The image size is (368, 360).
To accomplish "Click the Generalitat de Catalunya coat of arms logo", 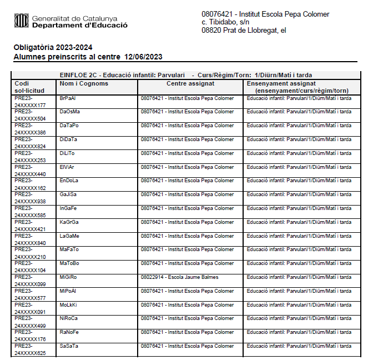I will tap(21, 21).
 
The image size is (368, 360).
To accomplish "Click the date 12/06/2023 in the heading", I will tap(144, 57).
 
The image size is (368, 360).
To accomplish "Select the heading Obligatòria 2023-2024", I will tap(53, 47).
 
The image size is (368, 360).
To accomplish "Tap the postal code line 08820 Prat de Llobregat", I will tap(244, 30).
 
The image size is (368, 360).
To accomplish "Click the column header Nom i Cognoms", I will tap(84, 83).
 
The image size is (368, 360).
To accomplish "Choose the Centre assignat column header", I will tap(190, 83).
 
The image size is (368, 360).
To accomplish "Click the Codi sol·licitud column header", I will tap(27, 87).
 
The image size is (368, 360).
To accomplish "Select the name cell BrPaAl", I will tap(68, 98).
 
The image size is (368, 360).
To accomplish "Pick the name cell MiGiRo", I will tap(68, 277).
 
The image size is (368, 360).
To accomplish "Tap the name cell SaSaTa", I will tap(69, 346).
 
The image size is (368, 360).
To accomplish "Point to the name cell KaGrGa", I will tap(69, 222).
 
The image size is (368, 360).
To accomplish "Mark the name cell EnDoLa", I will tap(69, 181).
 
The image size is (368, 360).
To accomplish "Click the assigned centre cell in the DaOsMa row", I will tap(187, 112).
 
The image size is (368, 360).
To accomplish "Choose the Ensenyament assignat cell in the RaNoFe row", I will tap(299, 332).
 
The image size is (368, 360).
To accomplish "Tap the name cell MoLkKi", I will tap(68, 305).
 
